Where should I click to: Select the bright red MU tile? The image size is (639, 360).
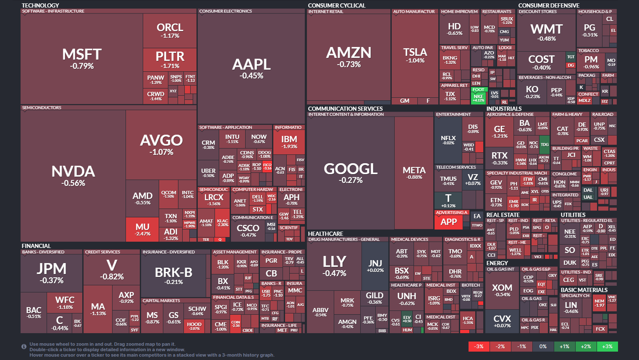(142, 229)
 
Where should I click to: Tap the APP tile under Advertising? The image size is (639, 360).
(448, 222)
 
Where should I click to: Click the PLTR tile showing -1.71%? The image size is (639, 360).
(170, 59)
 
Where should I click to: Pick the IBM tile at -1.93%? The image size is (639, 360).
(289, 141)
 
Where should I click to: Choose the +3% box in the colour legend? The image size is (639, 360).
(607, 347)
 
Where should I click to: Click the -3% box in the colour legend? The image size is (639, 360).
(479, 347)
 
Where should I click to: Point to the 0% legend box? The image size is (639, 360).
(543, 347)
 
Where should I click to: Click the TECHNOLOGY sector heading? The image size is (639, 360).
(40, 5)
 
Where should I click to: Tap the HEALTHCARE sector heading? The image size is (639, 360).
(325, 234)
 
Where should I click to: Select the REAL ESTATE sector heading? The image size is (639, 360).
(503, 215)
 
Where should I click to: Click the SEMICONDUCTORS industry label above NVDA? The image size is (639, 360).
(42, 108)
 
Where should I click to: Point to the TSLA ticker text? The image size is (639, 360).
(415, 52)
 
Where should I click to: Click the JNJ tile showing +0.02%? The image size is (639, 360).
(375, 266)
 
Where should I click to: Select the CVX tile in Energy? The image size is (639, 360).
(502, 321)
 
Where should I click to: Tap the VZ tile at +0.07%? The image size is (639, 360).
(473, 180)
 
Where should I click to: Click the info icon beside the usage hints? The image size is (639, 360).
(24, 347)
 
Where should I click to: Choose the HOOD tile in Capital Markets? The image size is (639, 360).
(194, 326)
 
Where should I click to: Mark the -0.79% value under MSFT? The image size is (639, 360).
(82, 66)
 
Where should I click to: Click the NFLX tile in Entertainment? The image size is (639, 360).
(448, 140)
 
